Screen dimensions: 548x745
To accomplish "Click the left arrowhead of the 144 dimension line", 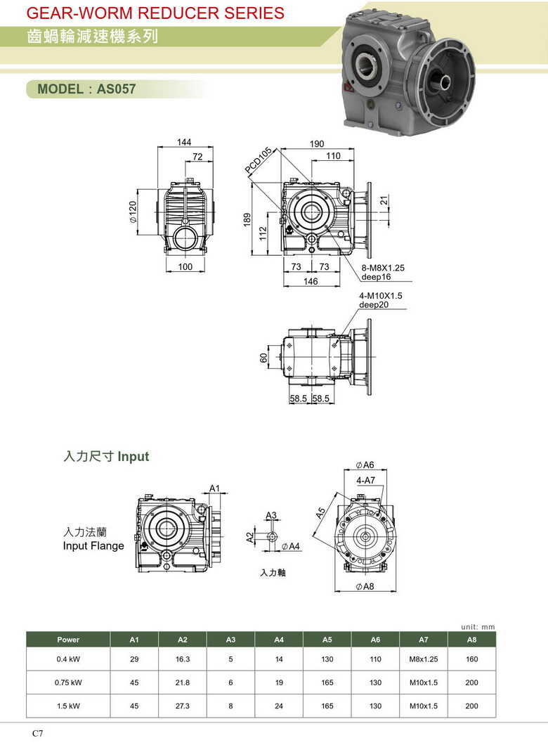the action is [159, 148].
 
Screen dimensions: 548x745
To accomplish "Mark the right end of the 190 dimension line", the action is [354, 149].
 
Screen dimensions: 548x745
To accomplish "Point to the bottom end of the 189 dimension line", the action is [252, 254].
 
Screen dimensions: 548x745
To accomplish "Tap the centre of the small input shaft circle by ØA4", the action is [272, 536].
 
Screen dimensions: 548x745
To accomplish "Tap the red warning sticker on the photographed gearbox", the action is [348, 88].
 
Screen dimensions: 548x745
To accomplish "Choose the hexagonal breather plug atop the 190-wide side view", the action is [293, 180].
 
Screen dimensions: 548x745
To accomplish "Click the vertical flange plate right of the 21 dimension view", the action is [369, 216].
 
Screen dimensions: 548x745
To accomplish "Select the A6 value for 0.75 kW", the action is [375, 682].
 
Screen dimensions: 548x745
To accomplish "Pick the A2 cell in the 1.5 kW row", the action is [183, 706].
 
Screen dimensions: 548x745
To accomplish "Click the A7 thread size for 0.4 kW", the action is [424, 659].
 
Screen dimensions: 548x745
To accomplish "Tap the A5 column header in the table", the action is [327, 640].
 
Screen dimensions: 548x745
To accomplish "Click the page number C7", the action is [37, 733].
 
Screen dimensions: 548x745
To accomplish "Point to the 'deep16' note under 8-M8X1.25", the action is [376, 276].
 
